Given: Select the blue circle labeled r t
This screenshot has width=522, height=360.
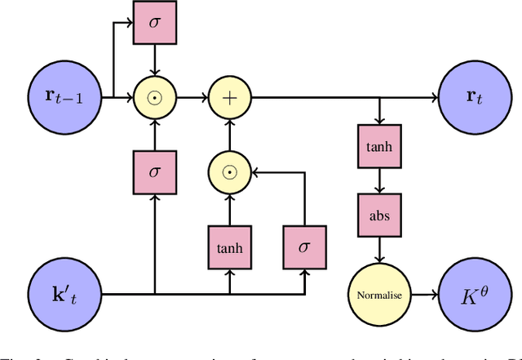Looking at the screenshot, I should tap(472, 99).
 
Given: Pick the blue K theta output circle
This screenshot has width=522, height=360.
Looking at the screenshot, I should tap(472, 293).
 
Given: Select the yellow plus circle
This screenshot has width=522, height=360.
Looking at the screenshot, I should tap(229, 99).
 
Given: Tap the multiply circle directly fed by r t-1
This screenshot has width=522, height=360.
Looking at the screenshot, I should tap(153, 99).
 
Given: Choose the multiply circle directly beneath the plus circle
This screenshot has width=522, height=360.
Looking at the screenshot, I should tap(229, 172).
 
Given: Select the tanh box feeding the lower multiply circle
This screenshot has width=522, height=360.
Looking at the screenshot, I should tap(229, 242).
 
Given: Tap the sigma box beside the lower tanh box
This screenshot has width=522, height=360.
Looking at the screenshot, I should tap(305, 242).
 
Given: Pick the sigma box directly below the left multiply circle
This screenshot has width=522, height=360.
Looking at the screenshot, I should tap(153, 172).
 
